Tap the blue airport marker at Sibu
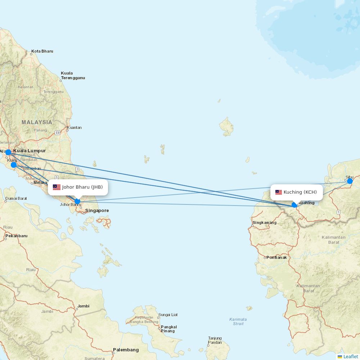pyautogui.click(x=350, y=181)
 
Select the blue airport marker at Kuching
pyautogui.click(x=294, y=205)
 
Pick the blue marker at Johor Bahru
pyautogui.click(x=77, y=201)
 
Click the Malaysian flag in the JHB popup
pyautogui.click(x=57, y=187)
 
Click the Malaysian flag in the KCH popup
pyautogui.click(x=279, y=192)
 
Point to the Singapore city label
pyautogui.click(x=97, y=211)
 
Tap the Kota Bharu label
pyautogui.click(x=42, y=51)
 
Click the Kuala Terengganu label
pyautogui.click(x=73, y=76)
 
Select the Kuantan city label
pyautogui.click(x=74, y=127)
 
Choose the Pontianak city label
pyautogui.click(x=276, y=257)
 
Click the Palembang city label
pyautogui.click(x=126, y=350)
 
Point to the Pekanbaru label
pyautogui.click(x=17, y=236)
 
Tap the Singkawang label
pyautogui.click(x=265, y=222)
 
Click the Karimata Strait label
pyautogui.click(x=238, y=321)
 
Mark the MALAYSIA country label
pyautogui.click(x=37, y=122)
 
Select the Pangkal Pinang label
pyautogui.click(x=168, y=329)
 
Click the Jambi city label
pyautogui.click(x=83, y=306)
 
